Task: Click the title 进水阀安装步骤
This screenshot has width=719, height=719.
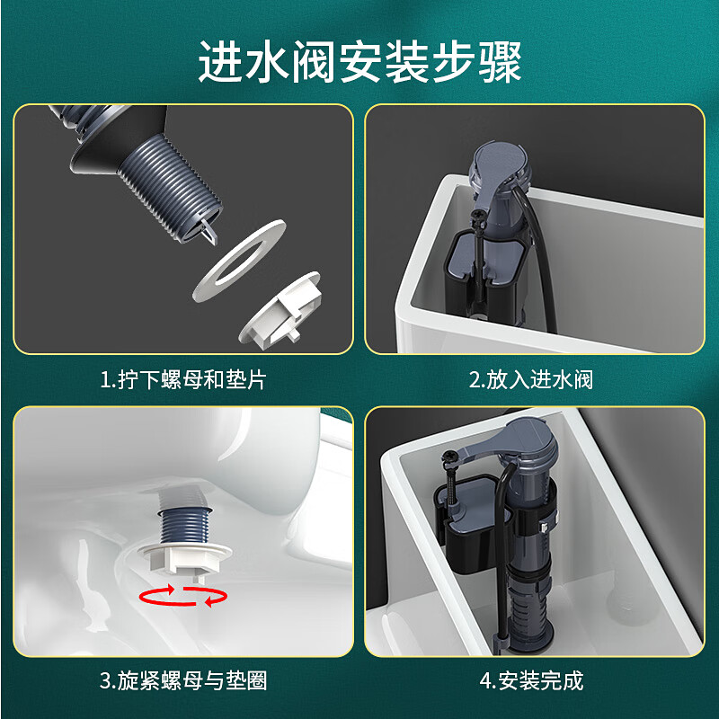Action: pos(359,63)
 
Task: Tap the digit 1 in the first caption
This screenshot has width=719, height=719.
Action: pos(104,380)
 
